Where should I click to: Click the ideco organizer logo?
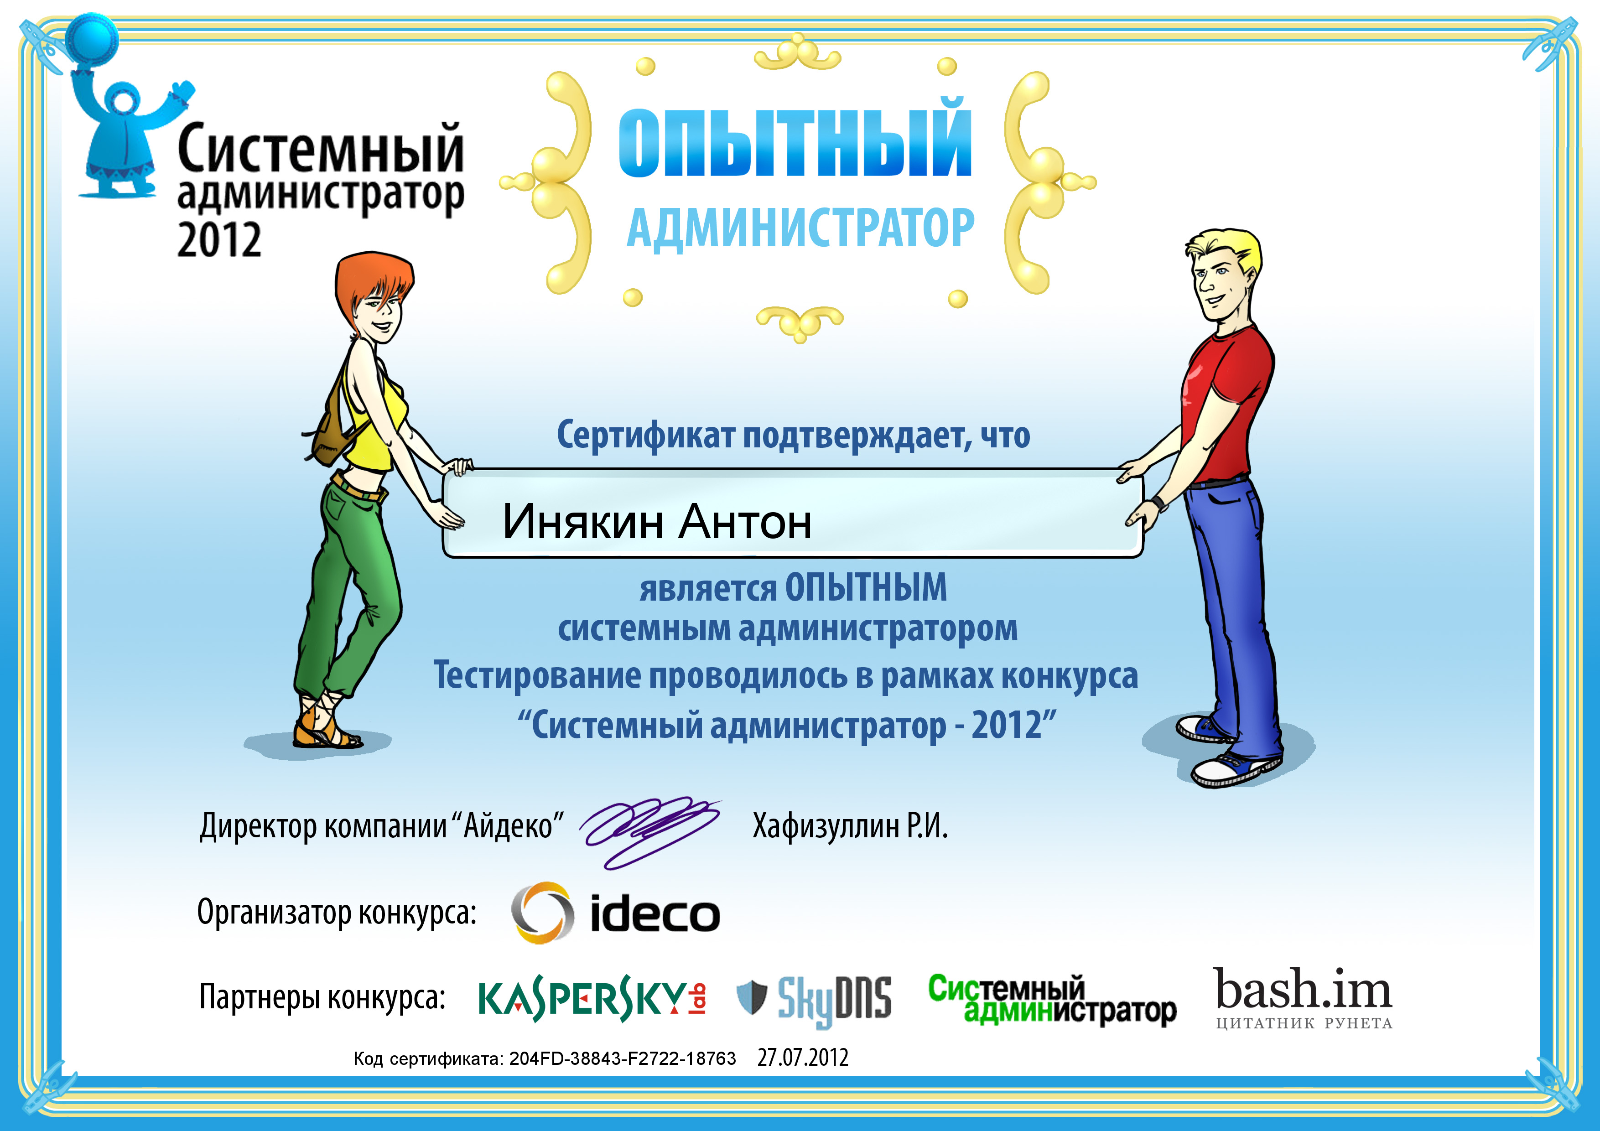pyautogui.click(x=615, y=913)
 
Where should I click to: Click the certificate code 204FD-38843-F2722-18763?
pyautogui.click(x=622, y=1058)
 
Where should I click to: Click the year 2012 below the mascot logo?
pyautogui.click(x=219, y=240)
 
